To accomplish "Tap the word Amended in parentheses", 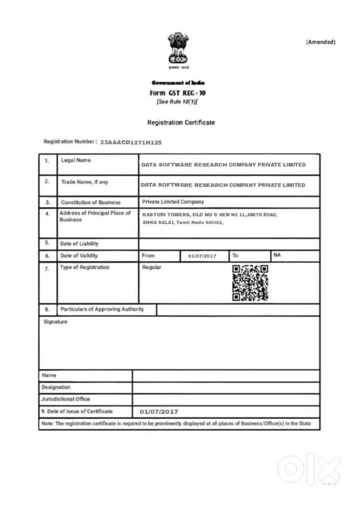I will (x=320, y=42).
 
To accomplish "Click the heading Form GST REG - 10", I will (x=178, y=93).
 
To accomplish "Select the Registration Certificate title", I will (x=181, y=122).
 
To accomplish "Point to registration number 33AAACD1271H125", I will (x=131, y=143).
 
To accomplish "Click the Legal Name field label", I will (x=76, y=161).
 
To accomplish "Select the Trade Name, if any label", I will (x=84, y=182).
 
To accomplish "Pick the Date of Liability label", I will (x=79, y=244).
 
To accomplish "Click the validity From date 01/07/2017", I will (x=202, y=256).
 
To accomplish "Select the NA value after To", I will (x=277, y=255).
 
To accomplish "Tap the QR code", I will (x=250, y=282).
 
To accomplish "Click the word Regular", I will (x=152, y=267).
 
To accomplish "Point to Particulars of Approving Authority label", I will (x=102, y=309).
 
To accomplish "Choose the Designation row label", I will (x=56, y=387).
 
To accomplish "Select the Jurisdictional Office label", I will (x=66, y=399).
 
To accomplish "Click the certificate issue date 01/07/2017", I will (x=159, y=411).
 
